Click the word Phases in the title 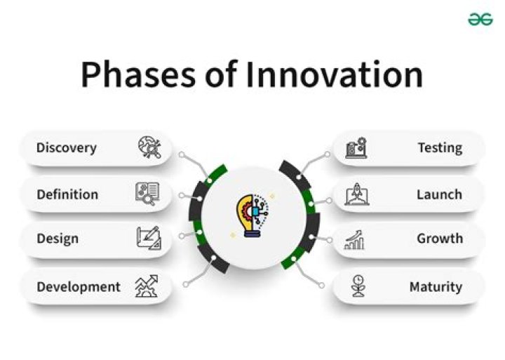[x=137, y=75]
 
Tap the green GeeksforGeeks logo [x=480, y=20]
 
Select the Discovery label [x=67, y=148]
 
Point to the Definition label [x=67, y=194]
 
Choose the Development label [x=79, y=286]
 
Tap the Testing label [x=440, y=148]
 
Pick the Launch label [x=439, y=194]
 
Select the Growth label [x=440, y=239]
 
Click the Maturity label [x=436, y=286]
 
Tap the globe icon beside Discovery [x=149, y=148]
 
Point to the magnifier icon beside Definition [x=147, y=194]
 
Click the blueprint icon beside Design [x=148, y=239]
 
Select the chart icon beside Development [x=147, y=286]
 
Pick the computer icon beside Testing [x=356, y=148]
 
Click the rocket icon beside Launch [x=356, y=194]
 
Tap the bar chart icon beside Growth [x=355, y=239]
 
